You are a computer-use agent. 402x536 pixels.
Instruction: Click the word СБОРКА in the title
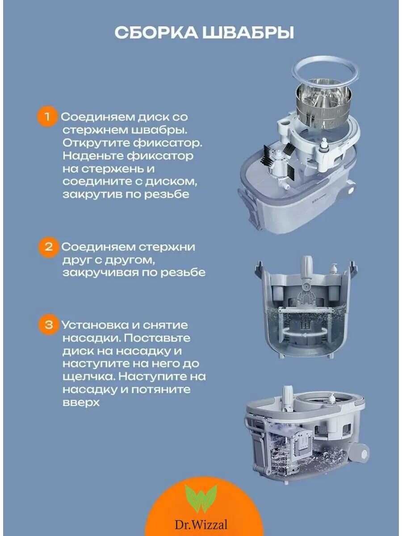156,33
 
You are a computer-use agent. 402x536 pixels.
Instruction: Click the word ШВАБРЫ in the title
248,33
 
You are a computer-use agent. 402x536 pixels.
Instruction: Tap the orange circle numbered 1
47,116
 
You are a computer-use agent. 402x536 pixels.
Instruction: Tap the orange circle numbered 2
49,247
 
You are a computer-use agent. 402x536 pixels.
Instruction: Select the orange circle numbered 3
49,325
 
